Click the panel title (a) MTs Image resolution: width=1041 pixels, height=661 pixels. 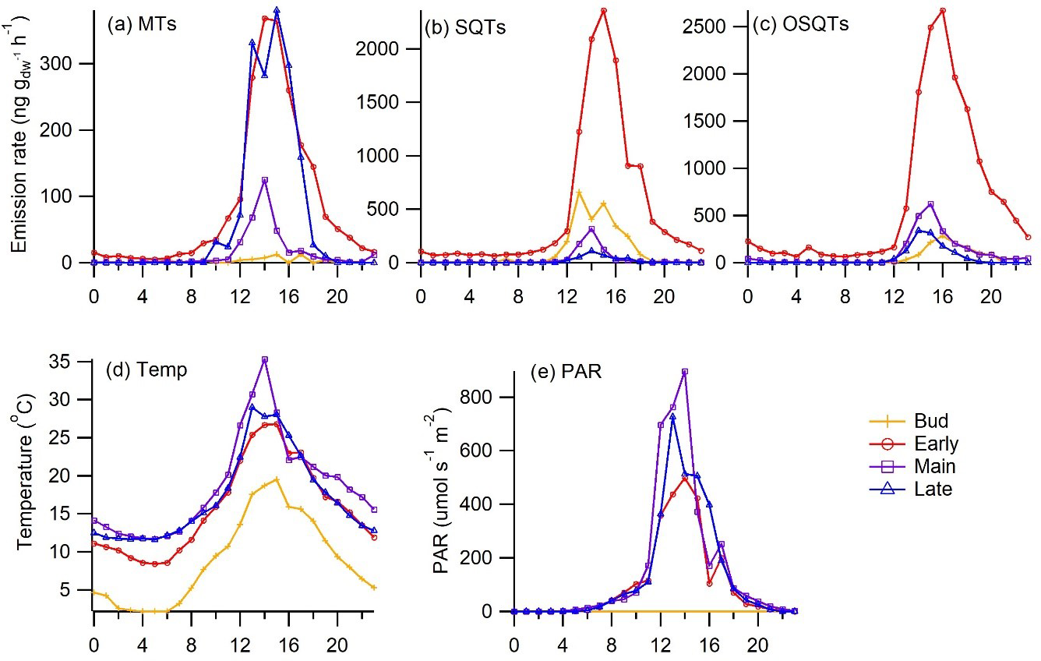(x=142, y=23)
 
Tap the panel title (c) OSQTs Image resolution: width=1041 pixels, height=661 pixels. (x=800, y=24)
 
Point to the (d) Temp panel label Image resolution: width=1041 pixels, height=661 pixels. (x=148, y=369)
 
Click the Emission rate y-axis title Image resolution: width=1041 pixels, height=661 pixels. (x=21, y=132)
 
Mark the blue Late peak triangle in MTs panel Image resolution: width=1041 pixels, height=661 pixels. (x=277, y=10)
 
